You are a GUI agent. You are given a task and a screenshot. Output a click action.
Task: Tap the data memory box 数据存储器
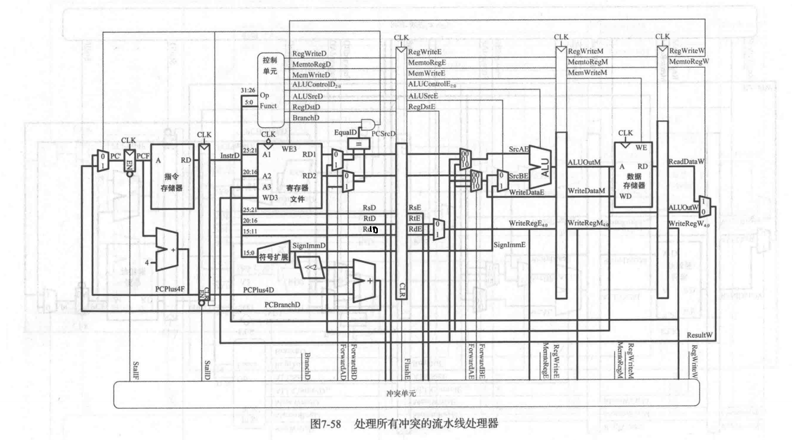[x=634, y=175]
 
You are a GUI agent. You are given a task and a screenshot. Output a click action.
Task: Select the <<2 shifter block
[x=310, y=267]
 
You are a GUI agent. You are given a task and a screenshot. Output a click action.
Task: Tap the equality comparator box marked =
[x=359, y=144]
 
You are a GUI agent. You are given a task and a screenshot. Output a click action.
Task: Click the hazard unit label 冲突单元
[x=400, y=393]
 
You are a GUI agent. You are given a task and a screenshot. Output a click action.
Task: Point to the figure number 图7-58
[x=326, y=424]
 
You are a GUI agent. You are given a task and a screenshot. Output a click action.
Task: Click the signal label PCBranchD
[x=282, y=304]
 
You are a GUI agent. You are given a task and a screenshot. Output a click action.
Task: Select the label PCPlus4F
[x=170, y=289]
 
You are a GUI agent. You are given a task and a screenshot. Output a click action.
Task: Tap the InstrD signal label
[x=230, y=155]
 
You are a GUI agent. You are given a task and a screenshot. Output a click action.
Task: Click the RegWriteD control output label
[x=309, y=54]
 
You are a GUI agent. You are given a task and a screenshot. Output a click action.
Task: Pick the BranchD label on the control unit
[x=306, y=118]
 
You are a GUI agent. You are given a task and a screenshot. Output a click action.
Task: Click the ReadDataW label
[x=686, y=161]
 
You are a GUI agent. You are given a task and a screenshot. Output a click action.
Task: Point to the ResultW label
[x=699, y=335]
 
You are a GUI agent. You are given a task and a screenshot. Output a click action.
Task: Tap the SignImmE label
[x=509, y=245]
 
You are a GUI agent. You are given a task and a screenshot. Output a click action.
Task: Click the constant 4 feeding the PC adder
[x=147, y=262]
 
